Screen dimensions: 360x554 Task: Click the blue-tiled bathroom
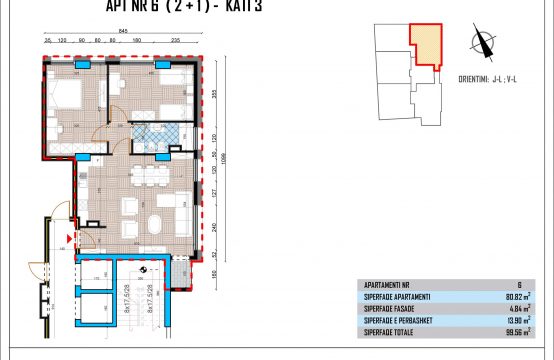pos(154,132)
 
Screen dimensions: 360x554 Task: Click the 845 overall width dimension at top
pos(122,31)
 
